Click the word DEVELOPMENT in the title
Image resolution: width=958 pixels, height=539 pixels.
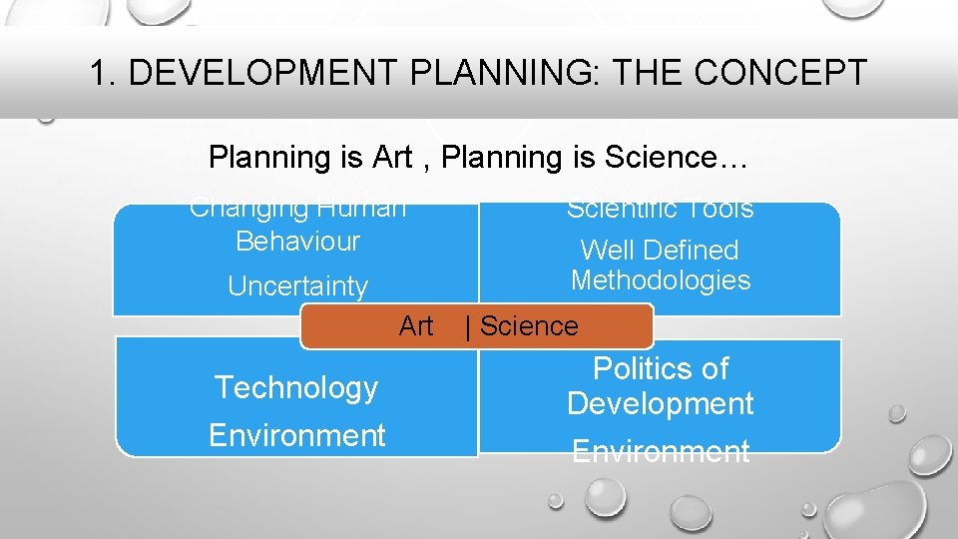[x=256, y=73]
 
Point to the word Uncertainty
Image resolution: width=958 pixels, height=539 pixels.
[x=297, y=286]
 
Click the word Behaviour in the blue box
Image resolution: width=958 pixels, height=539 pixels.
[x=297, y=242]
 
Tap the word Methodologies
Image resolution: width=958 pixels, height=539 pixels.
[x=661, y=280]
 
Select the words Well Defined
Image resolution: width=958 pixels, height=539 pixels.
[x=660, y=251]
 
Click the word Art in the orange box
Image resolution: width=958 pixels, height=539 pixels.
[x=416, y=325]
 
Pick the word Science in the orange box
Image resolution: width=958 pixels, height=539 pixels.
[x=529, y=326]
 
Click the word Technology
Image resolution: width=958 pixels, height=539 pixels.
[x=297, y=387]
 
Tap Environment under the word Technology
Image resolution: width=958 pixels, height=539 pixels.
[x=297, y=435]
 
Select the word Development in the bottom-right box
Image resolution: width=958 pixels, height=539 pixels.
[x=661, y=403]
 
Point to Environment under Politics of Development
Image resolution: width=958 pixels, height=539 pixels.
[x=661, y=452]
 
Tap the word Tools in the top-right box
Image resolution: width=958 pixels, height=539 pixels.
[x=719, y=210]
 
